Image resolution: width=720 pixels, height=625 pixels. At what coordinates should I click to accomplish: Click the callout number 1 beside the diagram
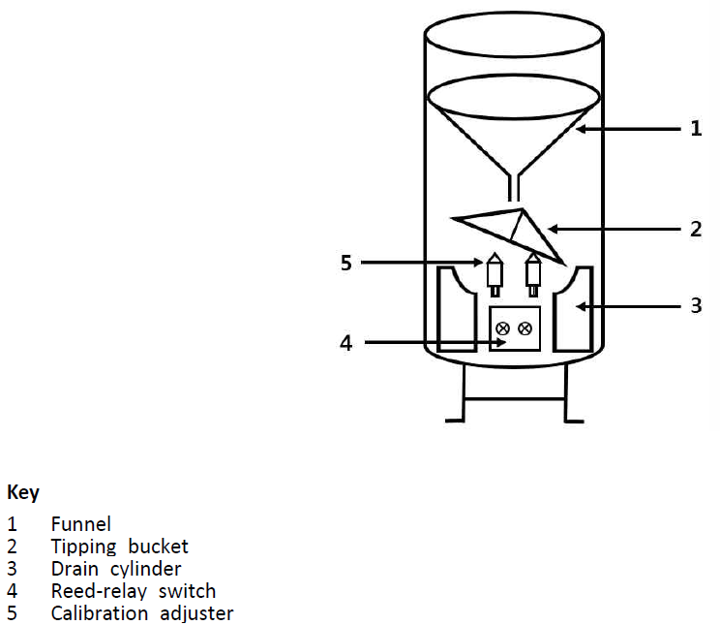click(x=696, y=128)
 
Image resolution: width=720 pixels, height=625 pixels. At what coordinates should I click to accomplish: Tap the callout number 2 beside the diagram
click(x=696, y=230)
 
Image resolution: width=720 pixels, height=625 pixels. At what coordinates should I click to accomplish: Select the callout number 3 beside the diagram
click(x=696, y=306)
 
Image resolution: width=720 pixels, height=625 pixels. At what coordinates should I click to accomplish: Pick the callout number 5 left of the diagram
click(x=346, y=262)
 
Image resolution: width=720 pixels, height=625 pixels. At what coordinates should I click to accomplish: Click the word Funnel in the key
click(x=80, y=525)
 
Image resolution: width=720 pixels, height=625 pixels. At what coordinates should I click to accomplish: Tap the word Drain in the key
click(x=75, y=569)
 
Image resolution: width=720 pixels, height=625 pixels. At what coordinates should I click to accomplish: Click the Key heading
click(x=23, y=493)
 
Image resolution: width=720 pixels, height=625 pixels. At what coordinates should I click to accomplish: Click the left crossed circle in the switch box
click(x=502, y=328)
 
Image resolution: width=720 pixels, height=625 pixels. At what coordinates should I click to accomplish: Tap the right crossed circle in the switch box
click(x=525, y=328)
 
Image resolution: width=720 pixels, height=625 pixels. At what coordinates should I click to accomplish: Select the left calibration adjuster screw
click(x=495, y=273)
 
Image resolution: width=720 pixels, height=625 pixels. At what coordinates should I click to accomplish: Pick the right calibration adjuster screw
click(x=532, y=273)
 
